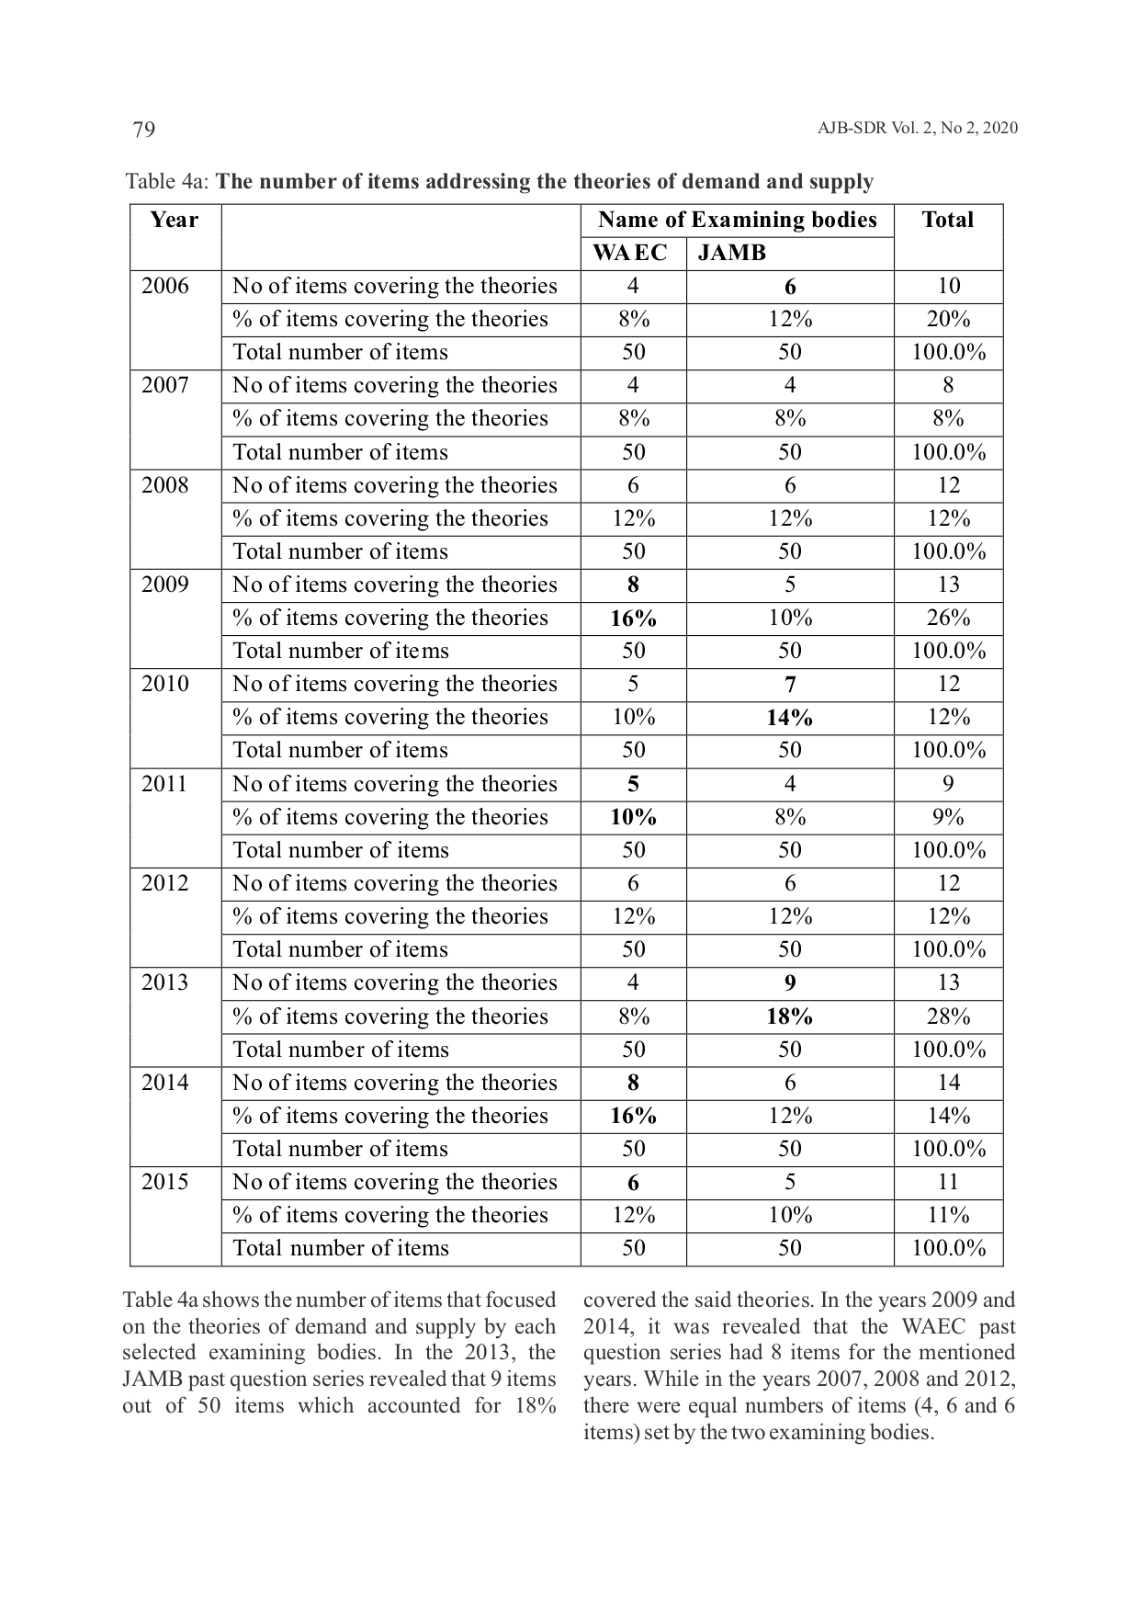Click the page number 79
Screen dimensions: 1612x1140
[x=144, y=130]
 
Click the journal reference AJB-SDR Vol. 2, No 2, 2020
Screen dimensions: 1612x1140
[x=917, y=128]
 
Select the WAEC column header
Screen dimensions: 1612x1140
[x=630, y=253]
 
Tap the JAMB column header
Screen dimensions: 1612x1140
[x=731, y=253]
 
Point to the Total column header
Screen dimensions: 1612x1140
[x=947, y=220]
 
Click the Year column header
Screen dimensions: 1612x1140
[x=174, y=220]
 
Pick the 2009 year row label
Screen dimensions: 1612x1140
[x=164, y=585]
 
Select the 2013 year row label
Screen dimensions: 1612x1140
[x=164, y=982]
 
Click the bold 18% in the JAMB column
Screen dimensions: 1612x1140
[x=789, y=1016]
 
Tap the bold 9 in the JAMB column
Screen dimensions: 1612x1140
[x=789, y=983]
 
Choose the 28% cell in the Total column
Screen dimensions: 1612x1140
[x=948, y=1016]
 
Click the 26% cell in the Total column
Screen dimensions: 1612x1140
[x=948, y=618]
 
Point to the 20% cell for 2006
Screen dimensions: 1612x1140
[x=948, y=319]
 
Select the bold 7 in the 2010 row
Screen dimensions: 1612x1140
[x=789, y=685]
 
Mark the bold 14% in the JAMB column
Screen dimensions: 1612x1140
[x=789, y=718]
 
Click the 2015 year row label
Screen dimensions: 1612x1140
[x=164, y=1182]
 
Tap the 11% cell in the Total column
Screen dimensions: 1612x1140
[x=948, y=1215]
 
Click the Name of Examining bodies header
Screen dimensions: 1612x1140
[x=737, y=220]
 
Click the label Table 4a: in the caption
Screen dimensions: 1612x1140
[x=167, y=181]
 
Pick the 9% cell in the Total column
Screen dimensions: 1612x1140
[x=948, y=817]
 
